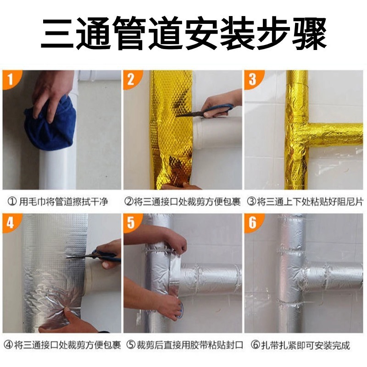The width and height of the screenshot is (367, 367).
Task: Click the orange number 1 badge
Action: pos(11,78)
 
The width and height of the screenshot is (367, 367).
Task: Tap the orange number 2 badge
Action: pos(132,78)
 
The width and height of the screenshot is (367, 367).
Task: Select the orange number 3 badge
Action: pos(253,78)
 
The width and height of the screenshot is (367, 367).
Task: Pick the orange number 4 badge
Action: pos(11,222)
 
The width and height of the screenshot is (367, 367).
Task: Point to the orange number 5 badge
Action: pos(132,222)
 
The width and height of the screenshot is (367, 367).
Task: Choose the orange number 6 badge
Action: pos(253,222)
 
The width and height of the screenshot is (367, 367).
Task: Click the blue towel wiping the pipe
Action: pos(50,125)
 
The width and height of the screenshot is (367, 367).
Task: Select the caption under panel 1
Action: pos(58,201)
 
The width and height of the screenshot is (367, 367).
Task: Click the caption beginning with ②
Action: pos(183,201)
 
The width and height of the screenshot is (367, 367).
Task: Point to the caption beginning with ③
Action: pos(305,201)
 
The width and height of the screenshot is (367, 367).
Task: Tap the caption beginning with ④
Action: pos(62,345)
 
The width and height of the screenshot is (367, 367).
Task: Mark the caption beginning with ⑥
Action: pos(300,345)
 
